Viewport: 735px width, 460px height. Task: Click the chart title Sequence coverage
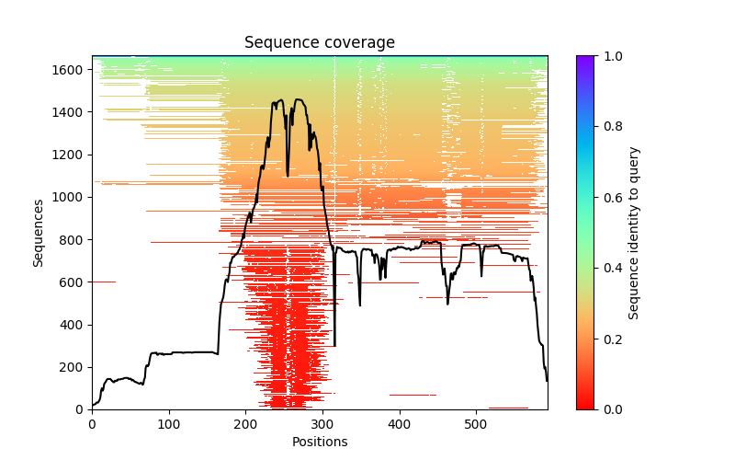click(x=319, y=43)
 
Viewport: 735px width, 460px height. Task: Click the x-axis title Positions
click(x=319, y=442)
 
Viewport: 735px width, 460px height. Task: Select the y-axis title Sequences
click(x=39, y=232)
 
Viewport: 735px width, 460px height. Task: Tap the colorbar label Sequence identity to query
click(x=634, y=232)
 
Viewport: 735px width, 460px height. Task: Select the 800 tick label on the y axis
click(x=73, y=239)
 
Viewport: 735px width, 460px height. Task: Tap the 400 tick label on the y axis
click(x=73, y=325)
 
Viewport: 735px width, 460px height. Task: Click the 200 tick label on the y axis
click(x=73, y=367)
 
